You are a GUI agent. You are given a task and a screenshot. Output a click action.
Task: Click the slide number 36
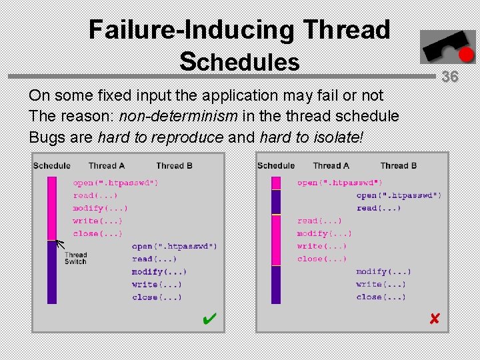(450, 77)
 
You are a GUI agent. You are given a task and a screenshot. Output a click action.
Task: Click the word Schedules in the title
(239, 61)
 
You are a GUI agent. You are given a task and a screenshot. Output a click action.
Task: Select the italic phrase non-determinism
(178, 116)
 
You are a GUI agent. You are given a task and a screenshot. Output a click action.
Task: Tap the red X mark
(435, 319)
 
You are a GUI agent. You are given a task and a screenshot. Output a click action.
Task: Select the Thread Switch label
(75, 258)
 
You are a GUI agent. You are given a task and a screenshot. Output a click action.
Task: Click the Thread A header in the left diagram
(107, 165)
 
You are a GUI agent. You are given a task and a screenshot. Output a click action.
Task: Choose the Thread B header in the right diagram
(399, 165)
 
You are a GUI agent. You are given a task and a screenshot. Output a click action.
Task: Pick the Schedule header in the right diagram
(276, 165)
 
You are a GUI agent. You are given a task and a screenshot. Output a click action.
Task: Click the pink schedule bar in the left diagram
(52, 207)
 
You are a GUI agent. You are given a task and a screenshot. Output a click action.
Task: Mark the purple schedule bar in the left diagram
(52, 272)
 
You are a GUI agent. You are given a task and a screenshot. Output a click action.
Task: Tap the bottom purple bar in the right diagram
(276, 285)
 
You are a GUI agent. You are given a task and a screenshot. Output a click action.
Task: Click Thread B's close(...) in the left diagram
(157, 297)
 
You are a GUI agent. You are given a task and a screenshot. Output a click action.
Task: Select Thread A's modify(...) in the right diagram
(324, 233)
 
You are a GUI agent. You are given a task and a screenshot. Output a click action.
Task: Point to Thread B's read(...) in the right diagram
(379, 208)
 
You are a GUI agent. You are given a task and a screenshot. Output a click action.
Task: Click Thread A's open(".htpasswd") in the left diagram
(116, 183)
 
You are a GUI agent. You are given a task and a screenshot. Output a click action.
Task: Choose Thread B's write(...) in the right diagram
(379, 285)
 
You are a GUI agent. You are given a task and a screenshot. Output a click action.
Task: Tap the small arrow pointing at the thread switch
(59, 244)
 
